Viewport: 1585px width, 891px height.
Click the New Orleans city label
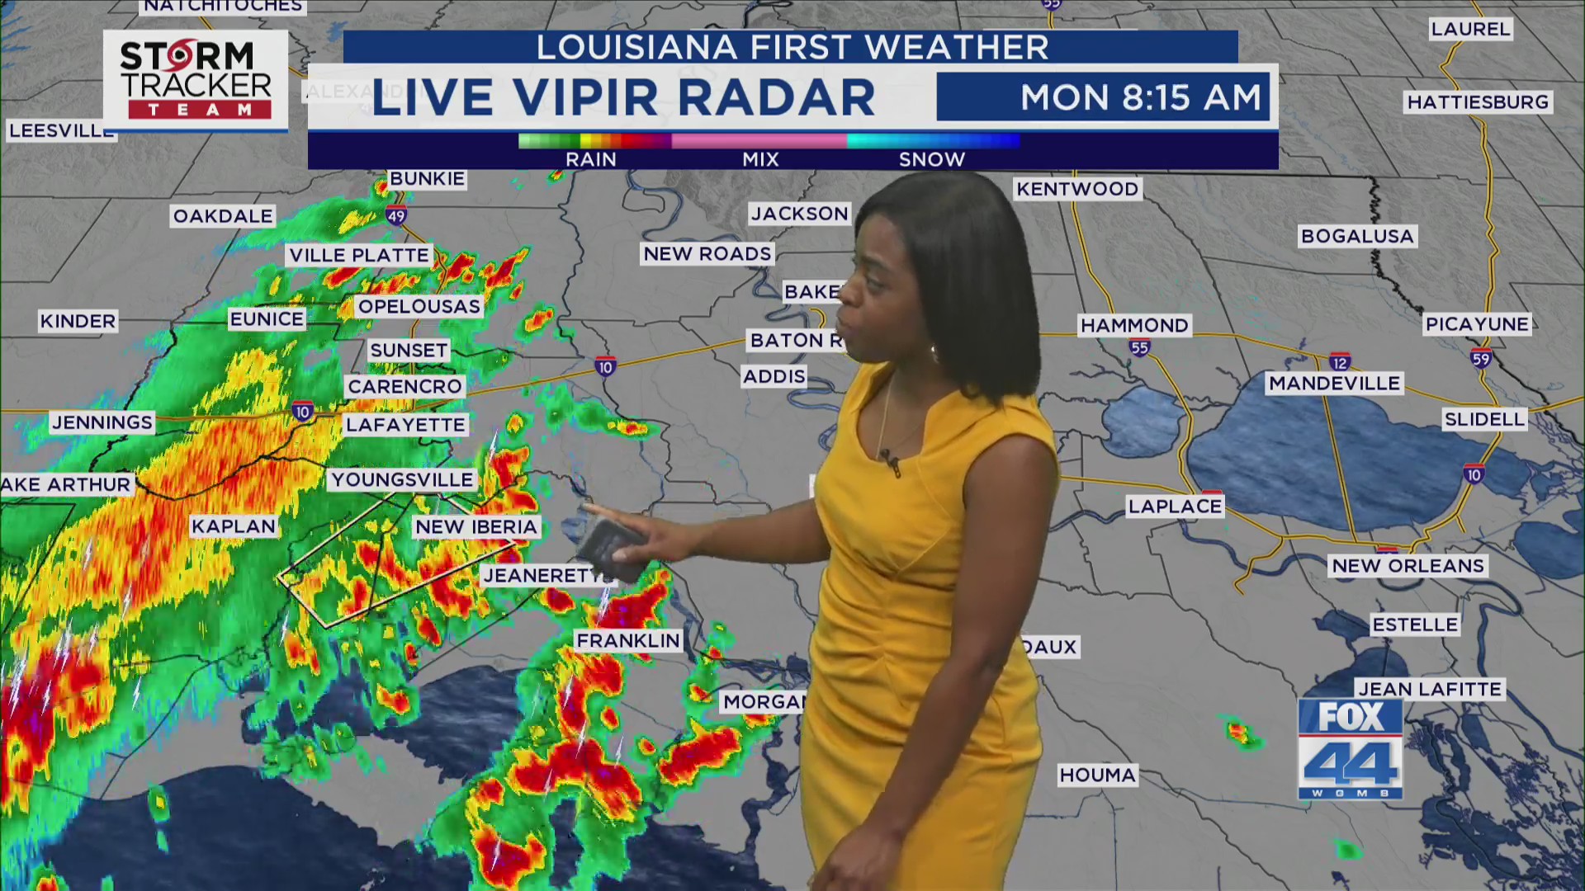click(1408, 566)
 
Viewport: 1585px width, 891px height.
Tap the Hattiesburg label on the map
click(1478, 102)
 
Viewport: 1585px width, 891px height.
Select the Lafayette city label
click(405, 425)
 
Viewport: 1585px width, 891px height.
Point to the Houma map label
click(1097, 775)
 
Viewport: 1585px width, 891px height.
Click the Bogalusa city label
click(1357, 237)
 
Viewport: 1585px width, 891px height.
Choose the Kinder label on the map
click(78, 321)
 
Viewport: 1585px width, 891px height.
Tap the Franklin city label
click(628, 640)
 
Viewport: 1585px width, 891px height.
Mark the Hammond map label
click(1134, 326)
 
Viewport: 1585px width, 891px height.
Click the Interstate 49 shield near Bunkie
click(396, 216)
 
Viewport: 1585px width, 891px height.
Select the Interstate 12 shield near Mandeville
click(1339, 362)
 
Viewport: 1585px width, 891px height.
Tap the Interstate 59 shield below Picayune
click(1480, 358)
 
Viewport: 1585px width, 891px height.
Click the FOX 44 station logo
click(1350, 749)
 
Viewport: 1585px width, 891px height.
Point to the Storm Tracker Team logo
click(196, 81)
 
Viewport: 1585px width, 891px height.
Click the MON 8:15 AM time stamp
click(1141, 97)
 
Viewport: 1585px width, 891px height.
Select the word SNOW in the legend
click(931, 159)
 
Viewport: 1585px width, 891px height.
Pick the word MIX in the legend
click(760, 159)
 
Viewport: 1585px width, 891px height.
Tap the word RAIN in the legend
click(590, 159)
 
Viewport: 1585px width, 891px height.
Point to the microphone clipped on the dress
click(890, 461)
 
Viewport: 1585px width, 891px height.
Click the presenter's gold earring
click(935, 354)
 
